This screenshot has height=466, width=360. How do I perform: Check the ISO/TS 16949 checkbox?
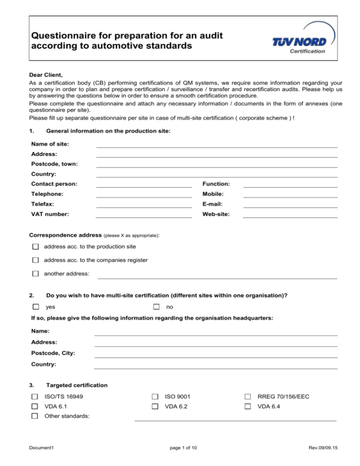35,397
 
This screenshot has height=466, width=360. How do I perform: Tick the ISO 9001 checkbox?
155,397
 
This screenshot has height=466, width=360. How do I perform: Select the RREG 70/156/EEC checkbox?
248,397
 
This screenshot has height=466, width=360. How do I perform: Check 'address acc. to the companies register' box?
36,260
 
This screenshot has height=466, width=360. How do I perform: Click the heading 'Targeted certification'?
77,385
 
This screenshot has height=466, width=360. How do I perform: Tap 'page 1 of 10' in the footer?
180,448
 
